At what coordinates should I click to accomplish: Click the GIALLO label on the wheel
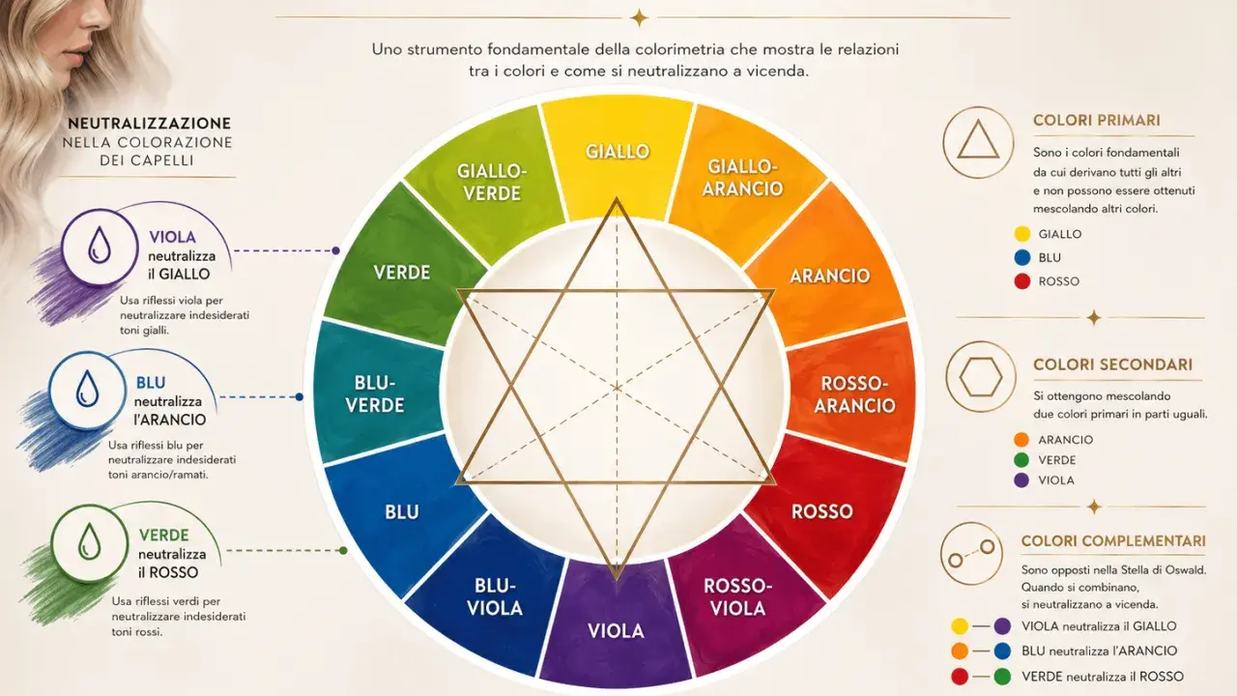tap(618, 152)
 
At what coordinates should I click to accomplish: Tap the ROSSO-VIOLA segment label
tap(737, 597)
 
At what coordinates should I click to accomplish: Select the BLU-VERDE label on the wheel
tap(375, 393)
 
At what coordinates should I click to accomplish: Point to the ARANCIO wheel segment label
tap(829, 275)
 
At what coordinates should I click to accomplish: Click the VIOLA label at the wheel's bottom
tap(616, 631)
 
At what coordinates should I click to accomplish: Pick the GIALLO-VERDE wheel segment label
tap(492, 183)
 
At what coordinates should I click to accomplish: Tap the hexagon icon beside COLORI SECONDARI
tap(981, 377)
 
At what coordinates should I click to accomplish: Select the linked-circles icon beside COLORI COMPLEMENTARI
tap(971, 554)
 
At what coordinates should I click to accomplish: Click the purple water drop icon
tap(100, 245)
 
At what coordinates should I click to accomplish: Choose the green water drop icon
tap(89, 541)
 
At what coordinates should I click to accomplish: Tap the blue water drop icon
tap(87, 389)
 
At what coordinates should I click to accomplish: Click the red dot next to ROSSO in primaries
tap(1022, 281)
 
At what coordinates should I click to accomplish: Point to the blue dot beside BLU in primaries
tap(1022, 257)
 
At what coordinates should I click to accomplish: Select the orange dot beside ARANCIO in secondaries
tap(1021, 440)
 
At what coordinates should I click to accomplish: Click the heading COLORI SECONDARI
tap(1112, 364)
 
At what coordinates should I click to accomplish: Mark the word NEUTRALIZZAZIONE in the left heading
tap(150, 123)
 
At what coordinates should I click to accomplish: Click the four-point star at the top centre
tap(639, 18)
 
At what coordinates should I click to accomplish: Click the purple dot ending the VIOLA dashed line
tap(335, 250)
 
